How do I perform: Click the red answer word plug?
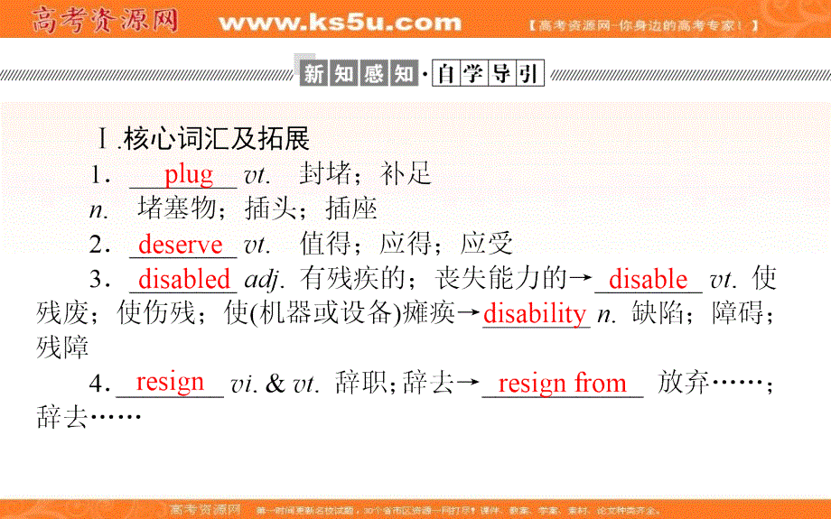(188, 174)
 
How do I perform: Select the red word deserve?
(181, 245)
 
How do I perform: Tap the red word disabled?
(184, 279)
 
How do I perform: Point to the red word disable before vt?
(648, 279)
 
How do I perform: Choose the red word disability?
(535, 313)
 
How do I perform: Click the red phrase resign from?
(562, 384)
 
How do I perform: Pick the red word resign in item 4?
(170, 382)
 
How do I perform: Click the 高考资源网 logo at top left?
(107, 20)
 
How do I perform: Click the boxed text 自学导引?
(488, 73)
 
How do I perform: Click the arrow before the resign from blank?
(467, 384)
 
